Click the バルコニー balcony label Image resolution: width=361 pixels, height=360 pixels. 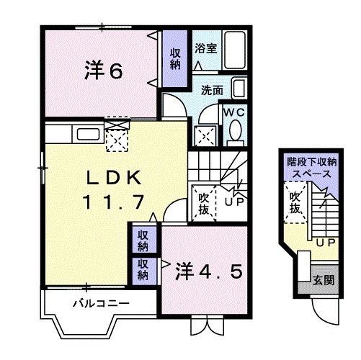click(x=101, y=302)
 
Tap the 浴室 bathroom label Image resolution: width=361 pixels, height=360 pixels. click(x=205, y=49)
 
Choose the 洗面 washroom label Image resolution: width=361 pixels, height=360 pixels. click(x=212, y=91)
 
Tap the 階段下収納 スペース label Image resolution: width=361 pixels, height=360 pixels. click(x=310, y=168)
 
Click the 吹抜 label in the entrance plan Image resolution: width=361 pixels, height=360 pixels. click(x=295, y=202)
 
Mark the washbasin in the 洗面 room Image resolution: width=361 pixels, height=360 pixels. click(x=240, y=91)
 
